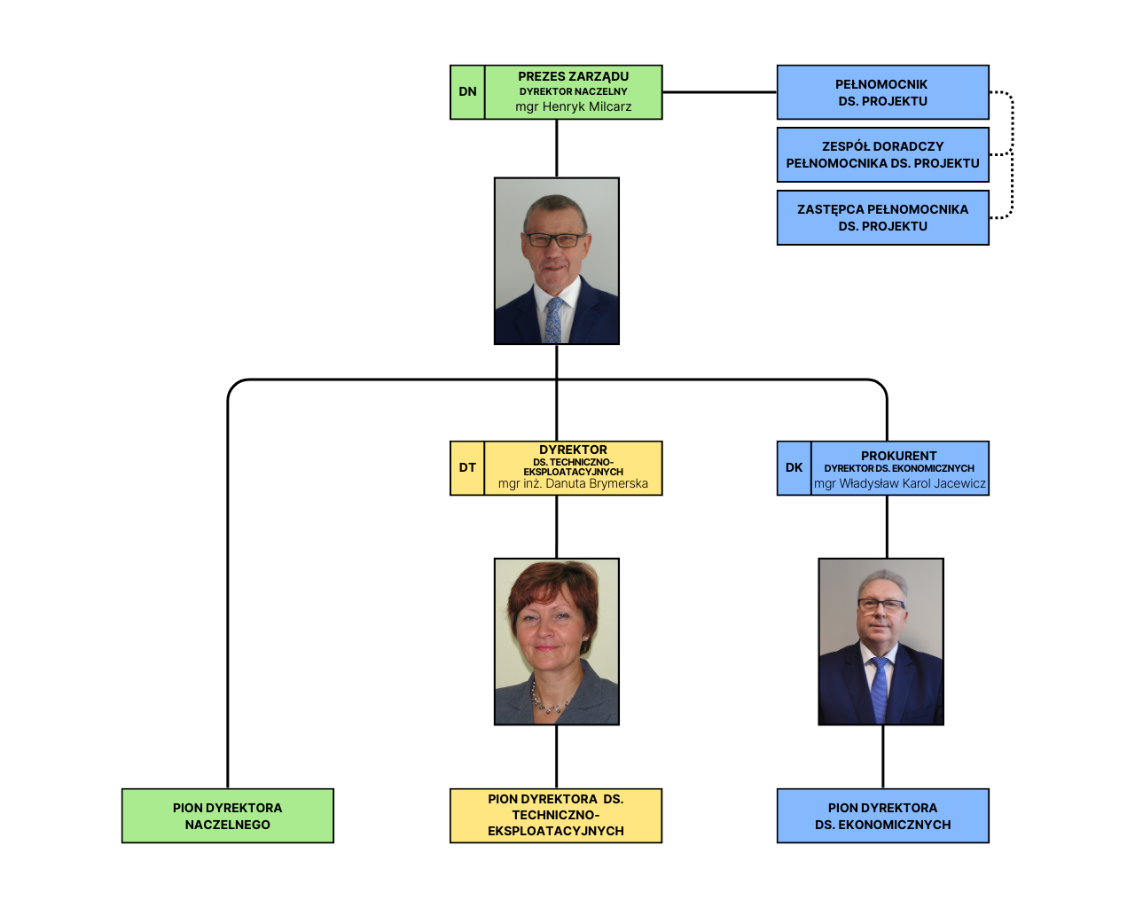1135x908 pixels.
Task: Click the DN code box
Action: pos(467,92)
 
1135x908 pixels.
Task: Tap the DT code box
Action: pos(467,468)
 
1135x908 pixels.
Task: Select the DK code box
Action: pos(794,468)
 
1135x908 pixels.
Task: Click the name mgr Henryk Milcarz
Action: pos(574,106)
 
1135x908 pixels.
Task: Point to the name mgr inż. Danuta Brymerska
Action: pos(574,483)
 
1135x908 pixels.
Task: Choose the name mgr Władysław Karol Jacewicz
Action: pos(900,483)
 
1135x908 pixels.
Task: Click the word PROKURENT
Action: pos(899,455)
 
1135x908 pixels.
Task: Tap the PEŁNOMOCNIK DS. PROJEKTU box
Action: pos(883,92)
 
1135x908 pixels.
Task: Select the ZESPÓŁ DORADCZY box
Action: pos(883,154)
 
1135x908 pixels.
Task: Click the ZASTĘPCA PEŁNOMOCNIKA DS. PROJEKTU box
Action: pos(883,217)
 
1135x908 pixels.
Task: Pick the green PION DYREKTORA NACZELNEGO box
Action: pos(228,816)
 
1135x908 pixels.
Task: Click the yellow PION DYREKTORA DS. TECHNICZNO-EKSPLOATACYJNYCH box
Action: pos(556,816)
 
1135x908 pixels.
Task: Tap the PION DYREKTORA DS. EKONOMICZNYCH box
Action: pos(883,816)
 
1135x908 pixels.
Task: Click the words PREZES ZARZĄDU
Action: pos(574,76)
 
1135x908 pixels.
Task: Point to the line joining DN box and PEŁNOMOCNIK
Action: pos(719,92)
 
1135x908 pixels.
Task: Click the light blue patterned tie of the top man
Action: pos(552,320)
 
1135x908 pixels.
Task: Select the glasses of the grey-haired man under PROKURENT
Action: pos(881,605)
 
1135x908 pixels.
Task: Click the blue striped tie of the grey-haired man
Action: pos(880,690)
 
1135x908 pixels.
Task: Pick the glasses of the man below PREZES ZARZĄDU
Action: pos(555,240)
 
